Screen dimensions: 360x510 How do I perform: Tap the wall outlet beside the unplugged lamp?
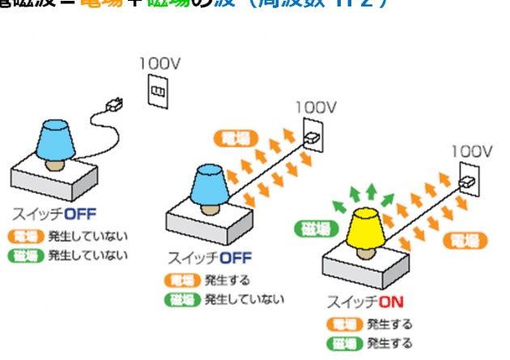(157, 91)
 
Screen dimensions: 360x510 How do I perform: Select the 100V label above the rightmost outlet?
(472, 151)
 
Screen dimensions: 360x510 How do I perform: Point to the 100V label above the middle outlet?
(316, 106)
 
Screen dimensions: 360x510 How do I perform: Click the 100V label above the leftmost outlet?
(159, 62)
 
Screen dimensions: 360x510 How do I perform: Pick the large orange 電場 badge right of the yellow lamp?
(465, 239)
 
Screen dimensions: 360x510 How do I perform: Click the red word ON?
(390, 303)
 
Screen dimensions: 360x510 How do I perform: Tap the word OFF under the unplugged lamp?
(81, 214)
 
